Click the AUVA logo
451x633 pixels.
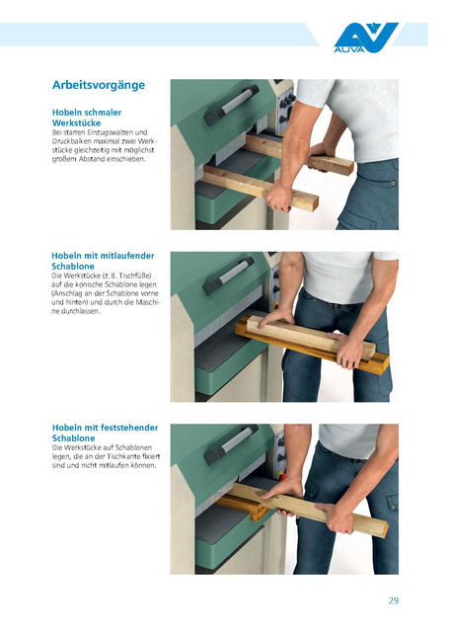tap(365, 38)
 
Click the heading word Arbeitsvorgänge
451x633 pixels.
tap(99, 85)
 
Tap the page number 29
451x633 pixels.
tap(394, 600)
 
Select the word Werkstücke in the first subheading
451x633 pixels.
tap(76, 123)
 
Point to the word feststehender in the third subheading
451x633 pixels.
tap(129, 428)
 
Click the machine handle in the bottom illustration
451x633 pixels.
tap(230, 444)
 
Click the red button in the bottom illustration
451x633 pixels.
tap(282, 477)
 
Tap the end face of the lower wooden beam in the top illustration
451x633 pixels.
tap(310, 203)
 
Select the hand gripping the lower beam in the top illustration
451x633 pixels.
tap(280, 197)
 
